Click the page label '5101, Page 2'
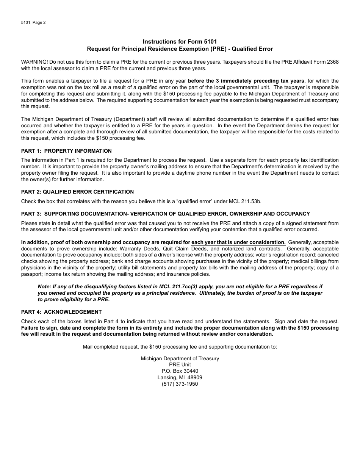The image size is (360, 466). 33,22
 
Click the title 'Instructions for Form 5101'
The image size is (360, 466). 180,42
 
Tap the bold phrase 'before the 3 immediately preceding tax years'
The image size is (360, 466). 246,81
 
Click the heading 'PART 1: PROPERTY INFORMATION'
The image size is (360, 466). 66,151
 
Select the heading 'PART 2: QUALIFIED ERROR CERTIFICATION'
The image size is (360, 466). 77,192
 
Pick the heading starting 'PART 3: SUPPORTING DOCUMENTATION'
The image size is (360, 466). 165,214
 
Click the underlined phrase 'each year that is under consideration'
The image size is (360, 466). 238,242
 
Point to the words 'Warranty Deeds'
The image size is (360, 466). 138,249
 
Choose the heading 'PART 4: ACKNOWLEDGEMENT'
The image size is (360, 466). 61,312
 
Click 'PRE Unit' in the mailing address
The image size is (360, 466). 180,364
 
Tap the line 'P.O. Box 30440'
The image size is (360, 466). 180,371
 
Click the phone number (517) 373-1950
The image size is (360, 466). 180,384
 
